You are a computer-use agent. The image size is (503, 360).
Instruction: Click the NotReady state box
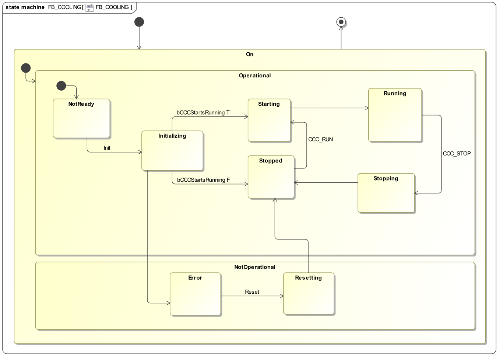coord(81,119)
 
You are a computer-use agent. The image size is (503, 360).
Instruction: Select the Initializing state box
coord(172,151)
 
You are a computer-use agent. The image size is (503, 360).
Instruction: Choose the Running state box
coord(395,115)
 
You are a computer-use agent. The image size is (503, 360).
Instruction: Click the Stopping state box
coord(386,193)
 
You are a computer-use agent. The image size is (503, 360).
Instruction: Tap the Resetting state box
coord(309,294)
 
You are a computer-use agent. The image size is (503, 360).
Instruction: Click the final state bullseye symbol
coord(341,22)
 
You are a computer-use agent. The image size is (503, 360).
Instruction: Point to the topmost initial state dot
coord(139,22)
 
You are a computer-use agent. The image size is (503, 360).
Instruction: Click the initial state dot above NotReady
coord(61,86)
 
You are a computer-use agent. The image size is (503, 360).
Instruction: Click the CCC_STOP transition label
coord(457,154)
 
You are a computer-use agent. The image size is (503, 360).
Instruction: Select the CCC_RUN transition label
coord(320,139)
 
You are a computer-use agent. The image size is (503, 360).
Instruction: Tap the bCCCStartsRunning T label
coord(203,112)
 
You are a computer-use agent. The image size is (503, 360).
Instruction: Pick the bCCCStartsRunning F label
coord(203,180)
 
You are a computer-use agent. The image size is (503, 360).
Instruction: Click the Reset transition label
coord(252,292)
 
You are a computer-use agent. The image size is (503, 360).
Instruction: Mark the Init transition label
coord(107,148)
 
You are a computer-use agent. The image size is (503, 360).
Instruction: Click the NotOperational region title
coord(255,267)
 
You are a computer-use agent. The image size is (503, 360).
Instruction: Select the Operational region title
coord(255,76)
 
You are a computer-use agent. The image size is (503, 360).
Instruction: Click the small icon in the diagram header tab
coord(89,7)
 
